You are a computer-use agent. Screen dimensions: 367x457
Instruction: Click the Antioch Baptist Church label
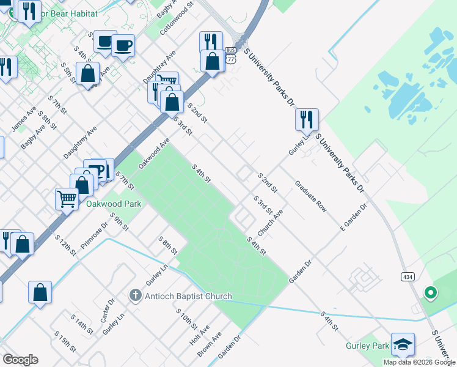pos(188,297)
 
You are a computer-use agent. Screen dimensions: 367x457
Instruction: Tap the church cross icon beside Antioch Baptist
pos(136,296)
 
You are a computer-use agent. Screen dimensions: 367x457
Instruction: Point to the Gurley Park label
pos(366,346)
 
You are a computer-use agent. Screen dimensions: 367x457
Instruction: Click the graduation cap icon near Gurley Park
pos(403,345)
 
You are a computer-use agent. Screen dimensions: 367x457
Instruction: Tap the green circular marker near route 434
pos(431,293)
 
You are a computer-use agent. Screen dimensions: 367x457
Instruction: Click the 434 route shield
pos(408,276)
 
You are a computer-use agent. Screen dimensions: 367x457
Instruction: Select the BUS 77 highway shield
pos(230,55)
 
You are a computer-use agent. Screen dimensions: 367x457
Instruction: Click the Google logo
pos(20,360)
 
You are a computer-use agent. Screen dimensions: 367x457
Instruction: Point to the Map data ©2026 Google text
pos(419,362)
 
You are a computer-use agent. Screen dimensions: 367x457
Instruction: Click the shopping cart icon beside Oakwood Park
pos(67,198)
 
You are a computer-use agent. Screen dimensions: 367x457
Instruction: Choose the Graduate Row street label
pos(311,196)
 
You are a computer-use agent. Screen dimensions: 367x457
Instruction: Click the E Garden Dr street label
pos(353,217)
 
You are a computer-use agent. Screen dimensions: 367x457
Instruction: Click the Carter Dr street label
pos(108,311)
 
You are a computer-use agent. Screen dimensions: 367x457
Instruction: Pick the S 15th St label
pos(65,342)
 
